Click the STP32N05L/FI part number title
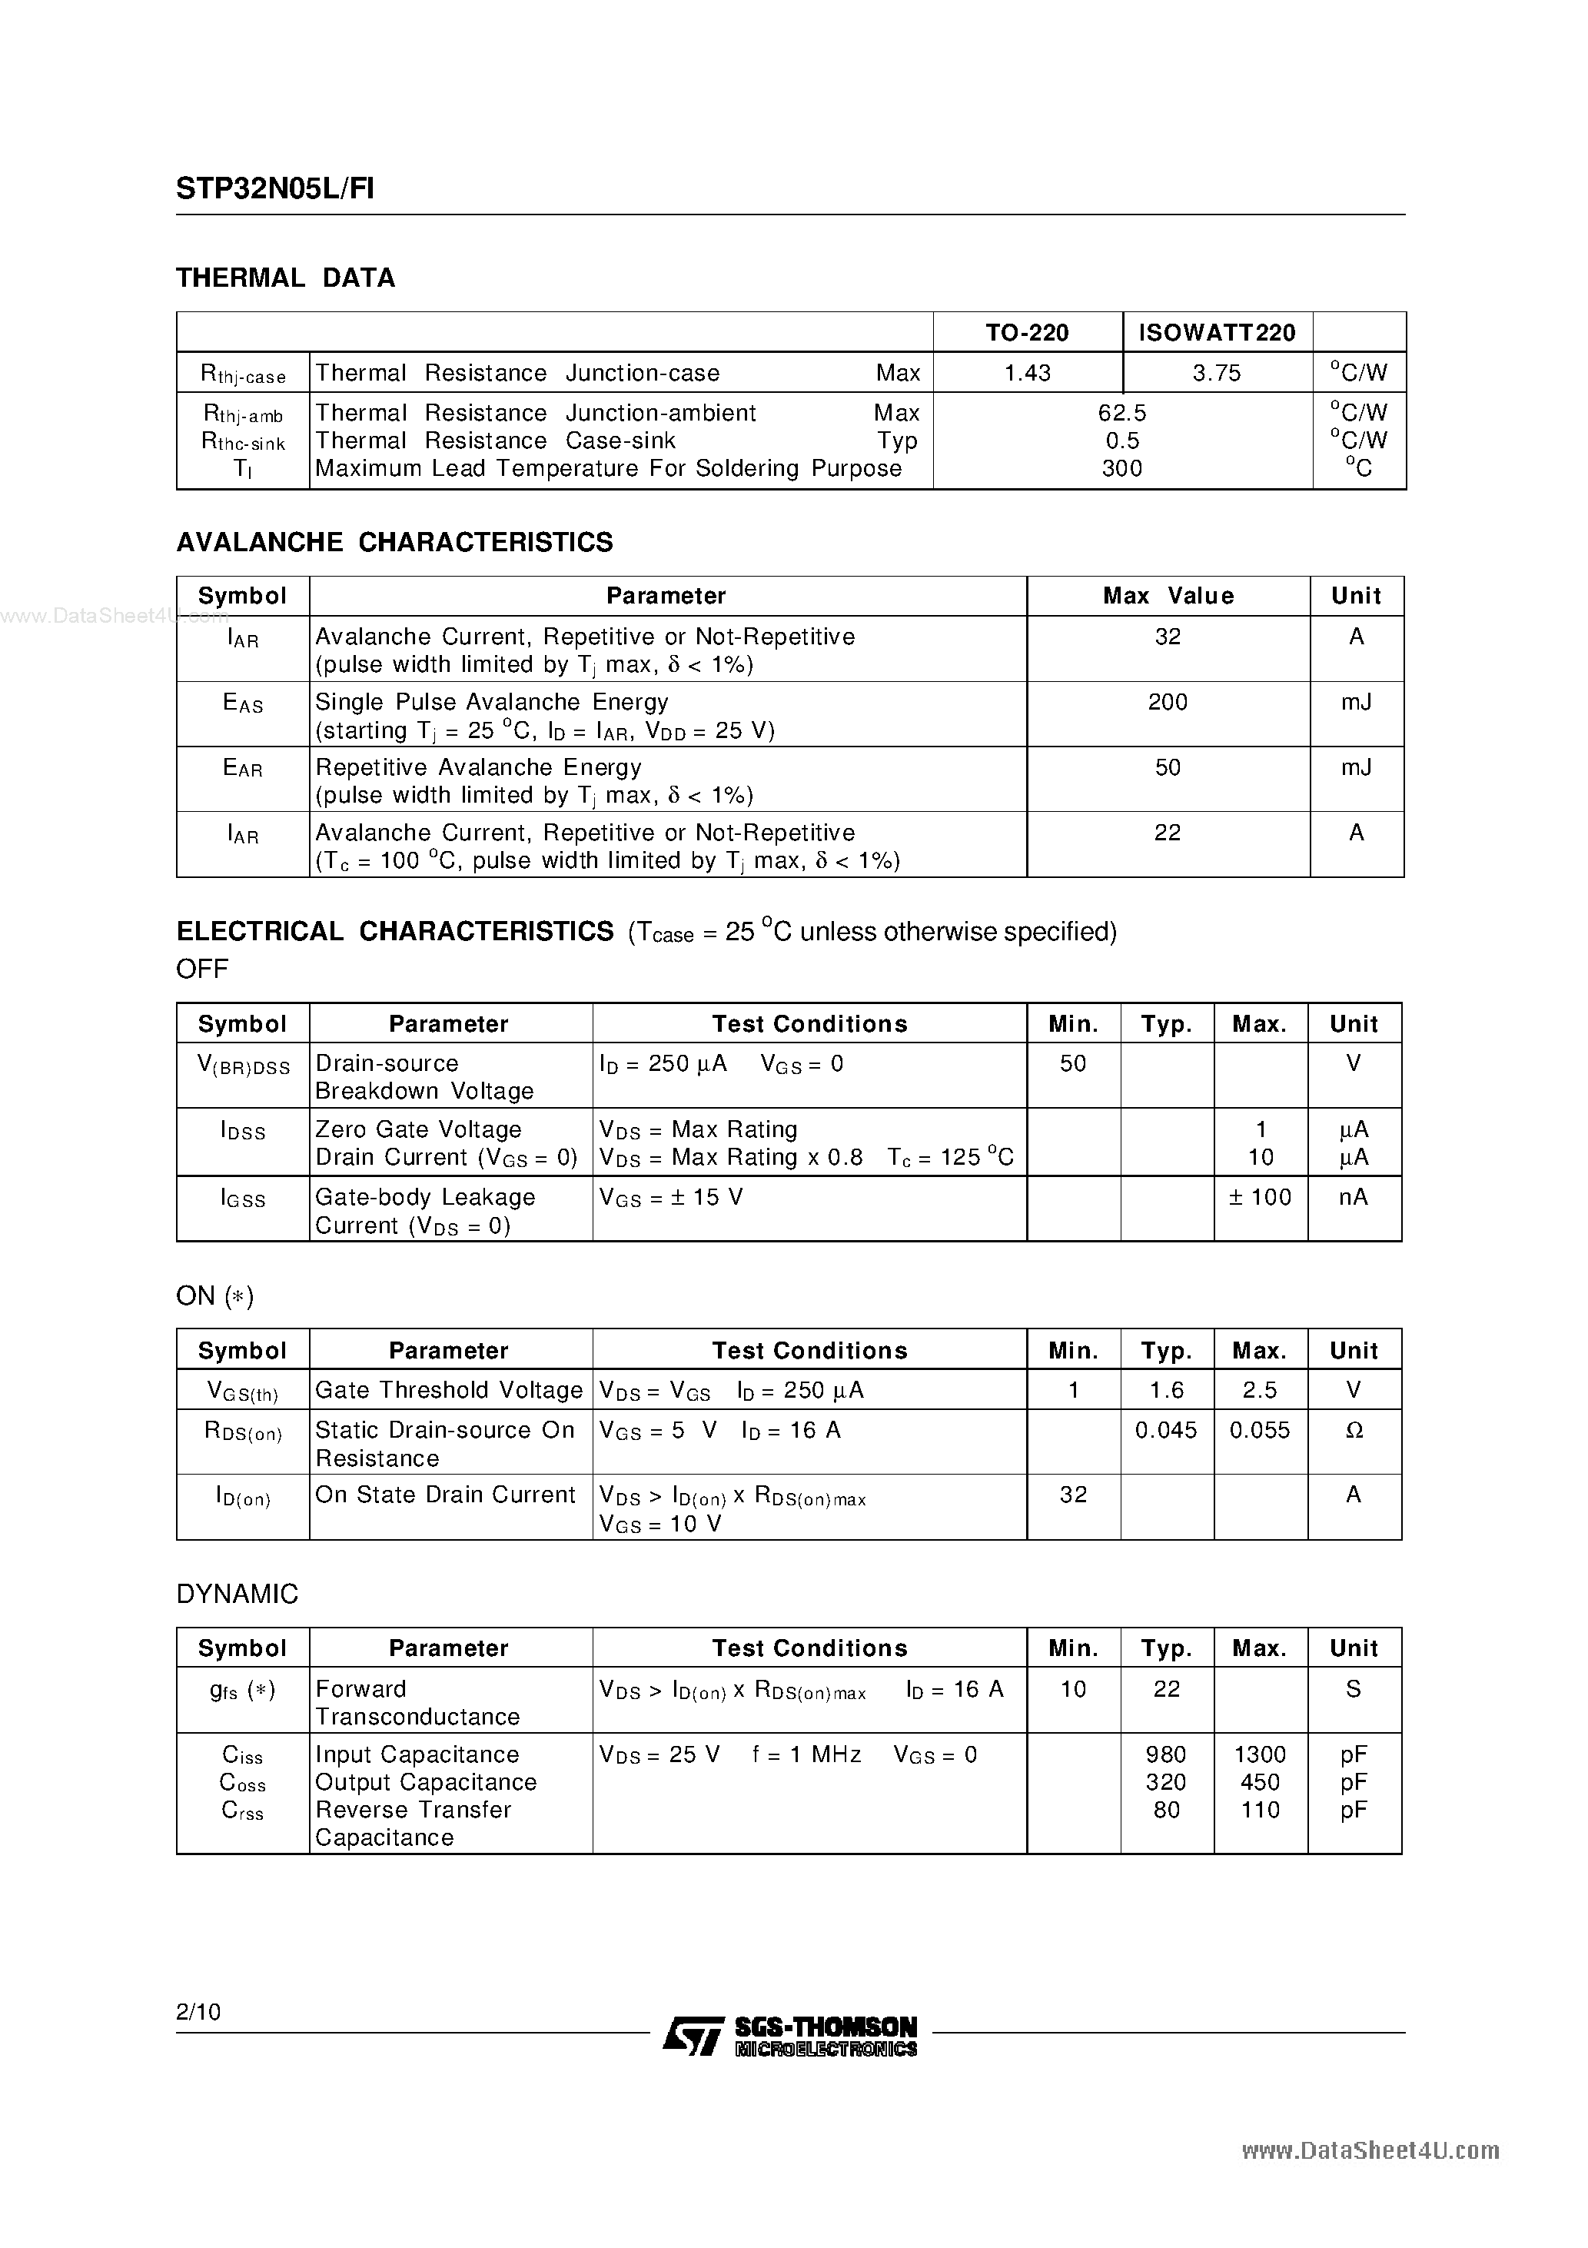[x=274, y=188]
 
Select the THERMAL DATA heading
[x=285, y=278]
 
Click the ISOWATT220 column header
[x=1217, y=333]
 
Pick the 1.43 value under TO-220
[x=1027, y=373]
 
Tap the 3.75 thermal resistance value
[x=1216, y=373]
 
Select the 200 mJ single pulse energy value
[x=1167, y=702]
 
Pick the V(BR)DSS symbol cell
[x=243, y=1066]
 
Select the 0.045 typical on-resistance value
[x=1165, y=1431]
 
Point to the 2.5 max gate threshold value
[x=1259, y=1390]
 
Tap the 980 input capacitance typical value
[x=1165, y=1754]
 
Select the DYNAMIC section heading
[x=237, y=1594]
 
